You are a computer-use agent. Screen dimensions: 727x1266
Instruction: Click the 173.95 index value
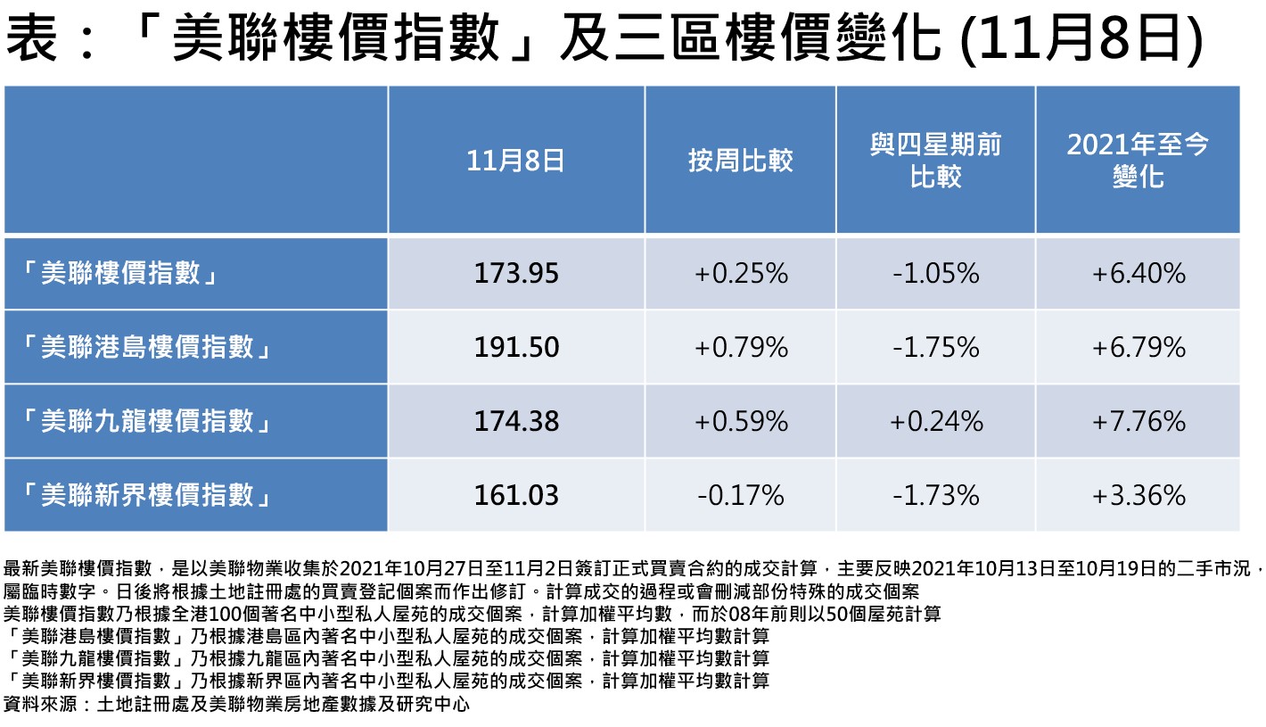click(516, 273)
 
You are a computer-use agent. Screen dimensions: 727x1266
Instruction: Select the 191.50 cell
click(516, 347)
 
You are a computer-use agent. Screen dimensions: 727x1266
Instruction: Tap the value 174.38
click(516, 420)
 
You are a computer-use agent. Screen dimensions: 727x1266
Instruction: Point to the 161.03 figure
click(516, 494)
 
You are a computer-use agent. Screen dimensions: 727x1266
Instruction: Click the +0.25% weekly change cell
click(740, 273)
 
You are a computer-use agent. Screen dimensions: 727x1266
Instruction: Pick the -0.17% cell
click(740, 494)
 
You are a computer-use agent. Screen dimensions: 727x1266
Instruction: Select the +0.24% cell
click(935, 420)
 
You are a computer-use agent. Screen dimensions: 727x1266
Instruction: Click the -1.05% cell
click(935, 273)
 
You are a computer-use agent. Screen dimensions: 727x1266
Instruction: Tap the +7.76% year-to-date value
click(1138, 420)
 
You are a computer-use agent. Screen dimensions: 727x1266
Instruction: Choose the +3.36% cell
click(1138, 494)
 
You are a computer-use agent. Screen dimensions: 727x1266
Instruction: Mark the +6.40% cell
click(1138, 273)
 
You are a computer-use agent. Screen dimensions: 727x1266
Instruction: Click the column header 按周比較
click(740, 161)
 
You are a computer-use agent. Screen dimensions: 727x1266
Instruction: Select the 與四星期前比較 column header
click(935, 161)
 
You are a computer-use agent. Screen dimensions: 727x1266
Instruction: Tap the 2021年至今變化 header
click(1138, 161)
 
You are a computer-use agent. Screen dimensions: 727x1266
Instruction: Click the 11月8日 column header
click(516, 161)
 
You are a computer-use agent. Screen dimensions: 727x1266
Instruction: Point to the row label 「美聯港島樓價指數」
click(147, 347)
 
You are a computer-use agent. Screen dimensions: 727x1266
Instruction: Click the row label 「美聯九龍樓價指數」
click(147, 420)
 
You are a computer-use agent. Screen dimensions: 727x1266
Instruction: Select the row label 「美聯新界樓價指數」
click(147, 494)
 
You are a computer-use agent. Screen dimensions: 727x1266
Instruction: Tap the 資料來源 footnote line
click(236, 705)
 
